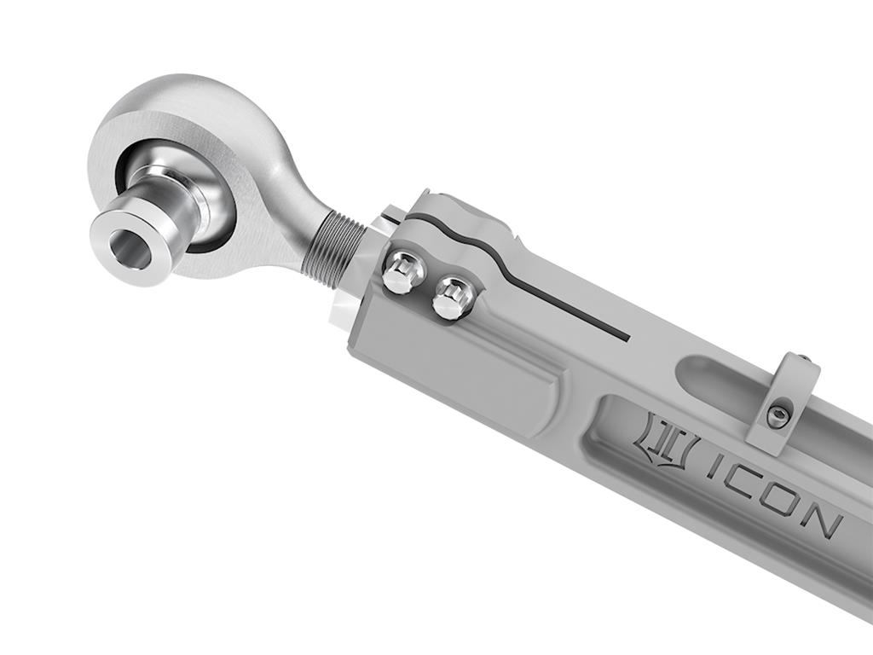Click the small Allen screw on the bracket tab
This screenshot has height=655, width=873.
[x=776, y=416]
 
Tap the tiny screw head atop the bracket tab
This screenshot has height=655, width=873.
[x=802, y=358]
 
